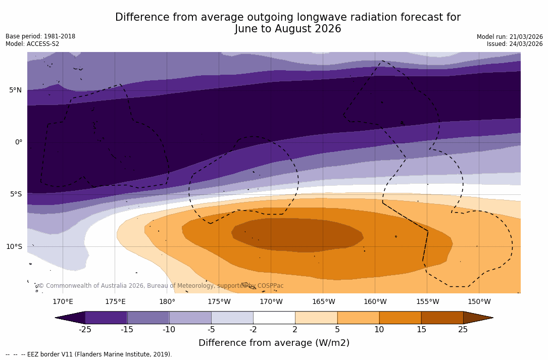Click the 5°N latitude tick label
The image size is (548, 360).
(x=15, y=90)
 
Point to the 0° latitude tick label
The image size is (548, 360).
(x=19, y=142)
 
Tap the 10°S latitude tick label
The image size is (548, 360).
(x=14, y=247)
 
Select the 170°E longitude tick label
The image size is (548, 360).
(x=63, y=302)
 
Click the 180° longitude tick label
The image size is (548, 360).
(x=167, y=302)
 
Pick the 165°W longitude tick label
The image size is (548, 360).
(x=323, y=302)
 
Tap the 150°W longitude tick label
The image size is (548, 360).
(x=479, y=302)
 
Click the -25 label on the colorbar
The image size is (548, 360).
(x=85, y=330)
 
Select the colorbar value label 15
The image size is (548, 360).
(x=421, y=330)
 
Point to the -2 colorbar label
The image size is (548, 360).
(x=253, y=330)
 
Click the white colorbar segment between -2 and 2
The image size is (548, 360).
(x=274, y=318)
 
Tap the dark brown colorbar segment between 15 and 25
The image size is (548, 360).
(x=442, y=318)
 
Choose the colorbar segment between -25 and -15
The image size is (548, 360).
(x=106, y=318)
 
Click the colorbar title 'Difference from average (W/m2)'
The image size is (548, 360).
(x=274, y=343)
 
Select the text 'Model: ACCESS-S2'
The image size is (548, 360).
(x=32, y=44)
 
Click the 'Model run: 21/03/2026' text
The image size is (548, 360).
(x=510, y=37)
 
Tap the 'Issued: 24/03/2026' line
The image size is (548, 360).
(x=515, y=44)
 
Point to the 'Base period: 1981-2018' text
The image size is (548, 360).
(x=40, y=36)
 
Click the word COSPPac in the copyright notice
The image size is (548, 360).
(x=270, y=286)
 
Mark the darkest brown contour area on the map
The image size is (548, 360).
(x=298, y=235)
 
